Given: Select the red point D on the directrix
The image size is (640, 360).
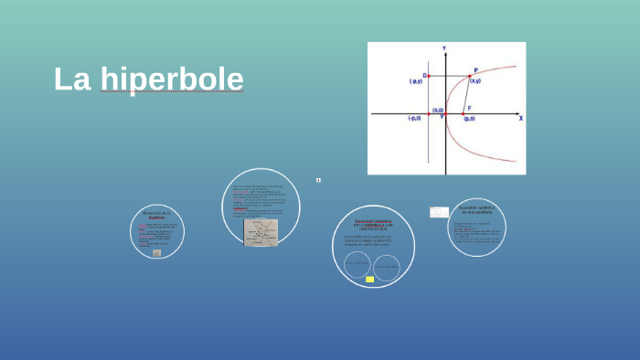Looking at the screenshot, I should click(428, 76).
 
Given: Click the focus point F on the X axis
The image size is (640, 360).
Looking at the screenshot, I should click(463, 113).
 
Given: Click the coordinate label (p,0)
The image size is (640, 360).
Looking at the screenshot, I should click(469, 120).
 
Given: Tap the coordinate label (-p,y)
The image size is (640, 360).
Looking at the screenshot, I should click(416, 82).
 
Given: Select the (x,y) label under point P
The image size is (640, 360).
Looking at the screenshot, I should click(475, 82).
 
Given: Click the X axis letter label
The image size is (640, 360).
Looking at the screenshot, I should click(520, 119).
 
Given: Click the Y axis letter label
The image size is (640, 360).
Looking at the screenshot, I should click(444, 48).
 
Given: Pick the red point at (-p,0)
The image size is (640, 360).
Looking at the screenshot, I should click(428, 113).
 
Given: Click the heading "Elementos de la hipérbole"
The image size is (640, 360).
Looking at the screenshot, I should click(156, 215).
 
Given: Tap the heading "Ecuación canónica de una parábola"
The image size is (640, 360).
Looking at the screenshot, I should click(476, 209).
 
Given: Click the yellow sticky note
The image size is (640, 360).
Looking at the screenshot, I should click(369, 279).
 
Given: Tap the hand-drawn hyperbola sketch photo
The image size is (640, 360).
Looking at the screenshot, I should click(261, 232).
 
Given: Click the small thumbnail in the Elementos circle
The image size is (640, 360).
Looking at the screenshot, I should click(156, 252).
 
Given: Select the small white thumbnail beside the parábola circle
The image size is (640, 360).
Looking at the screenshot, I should click(439, 212).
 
